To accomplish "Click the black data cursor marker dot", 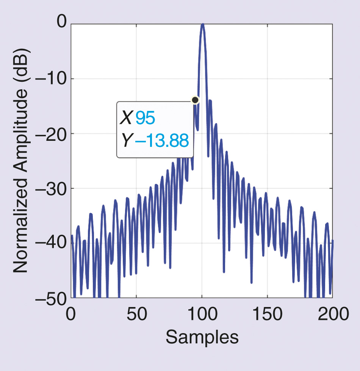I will click(195, 100).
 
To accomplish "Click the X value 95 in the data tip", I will click(145, 118).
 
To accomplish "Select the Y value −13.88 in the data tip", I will click(162, 141).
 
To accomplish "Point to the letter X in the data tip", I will click(126, 118).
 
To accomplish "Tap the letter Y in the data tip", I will click(126, 141).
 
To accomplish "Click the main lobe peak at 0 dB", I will click(203, 25).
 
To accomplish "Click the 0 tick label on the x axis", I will click(71, 314).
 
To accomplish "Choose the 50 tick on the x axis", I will click(136, 314).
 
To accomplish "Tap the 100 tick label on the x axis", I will click(202, 314).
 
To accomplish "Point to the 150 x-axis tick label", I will click(268, 314).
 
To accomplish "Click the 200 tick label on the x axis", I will click(333, 314).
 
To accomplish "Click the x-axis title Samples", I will click(202, 337).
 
